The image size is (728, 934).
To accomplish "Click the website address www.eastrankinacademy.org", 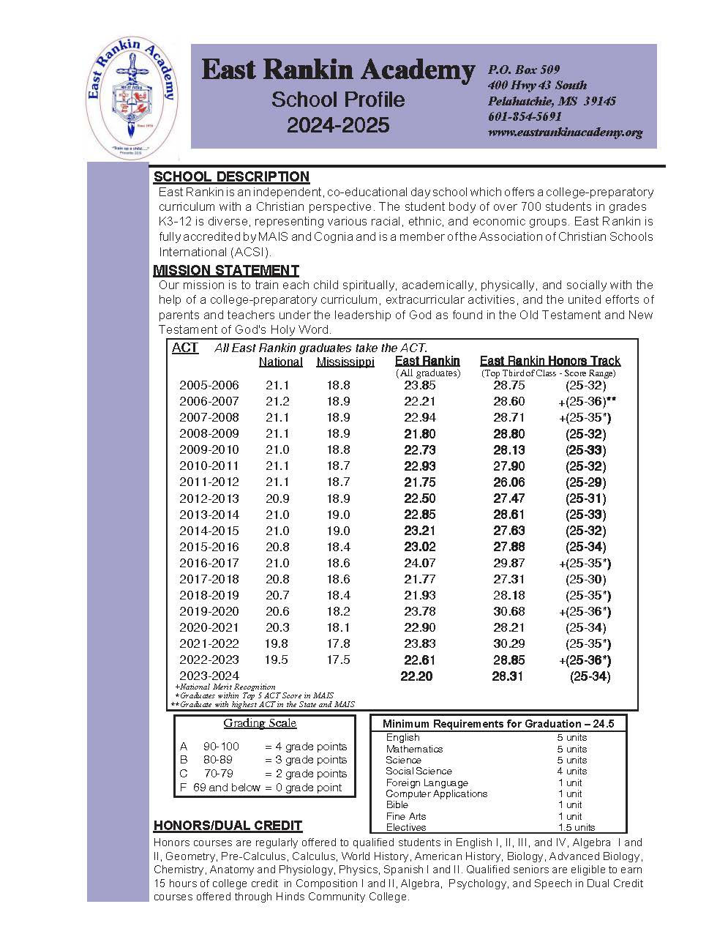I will (x=565, y=132).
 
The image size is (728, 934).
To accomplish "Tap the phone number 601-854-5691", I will (x=525, y=116).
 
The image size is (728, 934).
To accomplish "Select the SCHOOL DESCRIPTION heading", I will (x=231, y=176).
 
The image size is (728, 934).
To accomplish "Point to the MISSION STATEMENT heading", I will (x=226, y=270).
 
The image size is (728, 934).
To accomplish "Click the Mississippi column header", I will (x=345, y=362).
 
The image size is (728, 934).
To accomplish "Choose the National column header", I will (x=280, y=362).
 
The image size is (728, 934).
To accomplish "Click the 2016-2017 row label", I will (x=209, y=563).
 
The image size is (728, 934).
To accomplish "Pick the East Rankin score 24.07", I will (x=419, y=563).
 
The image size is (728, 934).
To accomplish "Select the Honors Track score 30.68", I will (x=509, y=611).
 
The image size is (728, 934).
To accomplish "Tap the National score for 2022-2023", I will (x=277, y=660).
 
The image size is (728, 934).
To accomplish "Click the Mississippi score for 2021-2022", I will (x=338, y=643).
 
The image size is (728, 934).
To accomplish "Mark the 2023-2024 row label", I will (x=209, y=676).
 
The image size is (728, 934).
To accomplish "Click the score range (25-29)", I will (x=585, y=482).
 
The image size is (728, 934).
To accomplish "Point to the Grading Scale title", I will (x=260, y=723).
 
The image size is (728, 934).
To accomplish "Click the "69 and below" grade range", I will (x=227, y=788).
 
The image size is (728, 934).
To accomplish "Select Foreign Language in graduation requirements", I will (x=427, y=782).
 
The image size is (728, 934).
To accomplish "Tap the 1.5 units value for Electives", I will (x=576, y=827).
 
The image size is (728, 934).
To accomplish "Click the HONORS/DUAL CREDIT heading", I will (x=228, y=825).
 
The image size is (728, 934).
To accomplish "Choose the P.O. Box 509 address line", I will (x=524, y=70).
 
